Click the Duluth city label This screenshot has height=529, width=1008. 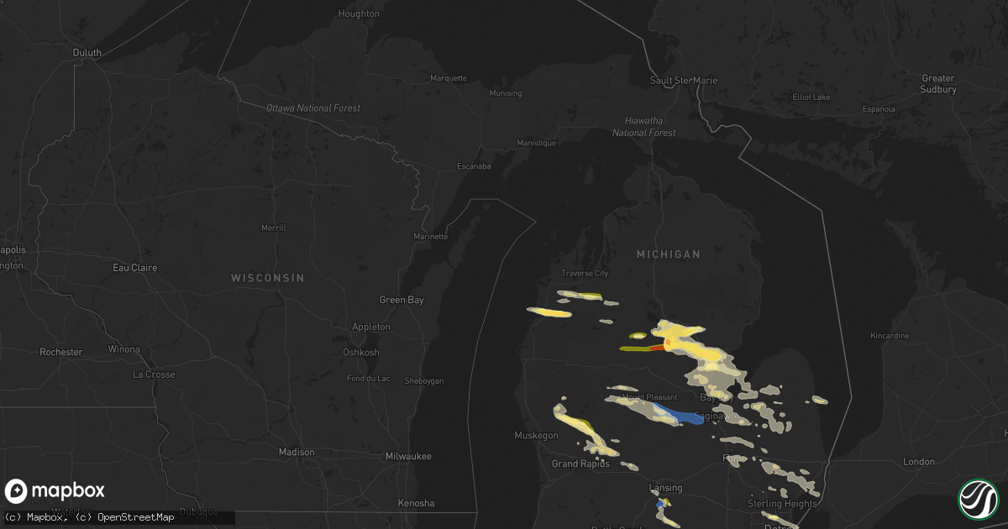(x=87, y=52)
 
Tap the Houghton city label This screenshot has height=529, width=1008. (x=359, y=13)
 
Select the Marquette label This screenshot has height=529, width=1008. (x=448, y=78)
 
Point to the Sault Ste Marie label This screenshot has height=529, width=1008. (x=684, y=81)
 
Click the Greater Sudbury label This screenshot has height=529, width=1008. (x=938, y=84)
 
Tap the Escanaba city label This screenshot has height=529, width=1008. (x=474, y=166)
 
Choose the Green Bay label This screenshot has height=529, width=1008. (x=402, y=300)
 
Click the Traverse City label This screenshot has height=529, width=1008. (x=585, y=274)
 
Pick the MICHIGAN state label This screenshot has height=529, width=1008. (x=668, y=254)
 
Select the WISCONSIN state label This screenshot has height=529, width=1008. (x=268, y=278)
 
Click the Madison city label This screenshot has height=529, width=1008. (x=297, y=452)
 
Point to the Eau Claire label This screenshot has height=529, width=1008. (x=135, y=268)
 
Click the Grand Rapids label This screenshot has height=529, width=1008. (x=580, y=464)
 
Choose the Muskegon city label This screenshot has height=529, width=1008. (x=536, y=435)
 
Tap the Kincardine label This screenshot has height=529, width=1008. (x=890, y=336)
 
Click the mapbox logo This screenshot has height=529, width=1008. (x=55, y=491)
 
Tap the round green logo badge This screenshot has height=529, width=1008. (x=979, y=499)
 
